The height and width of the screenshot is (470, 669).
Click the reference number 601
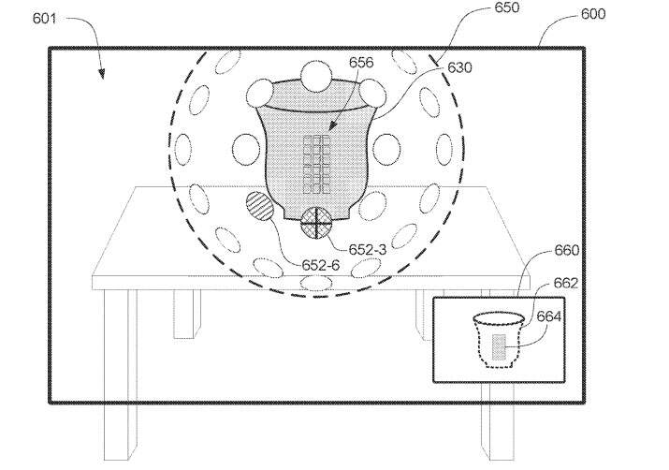pos(44,19)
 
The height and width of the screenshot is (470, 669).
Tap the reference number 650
pos(507,7)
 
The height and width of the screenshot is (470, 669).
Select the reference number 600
pos(593,14)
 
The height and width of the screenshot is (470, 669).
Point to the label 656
pos(361,63)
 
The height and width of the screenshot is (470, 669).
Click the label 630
pos(459,67)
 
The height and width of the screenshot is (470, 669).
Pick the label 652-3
pos(368,250)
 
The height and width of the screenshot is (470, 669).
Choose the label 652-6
pos(320,265)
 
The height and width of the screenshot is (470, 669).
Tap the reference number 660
pos(567,250)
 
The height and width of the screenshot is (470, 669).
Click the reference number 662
pos(566,283)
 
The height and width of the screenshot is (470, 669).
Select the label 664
pos(548,316)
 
